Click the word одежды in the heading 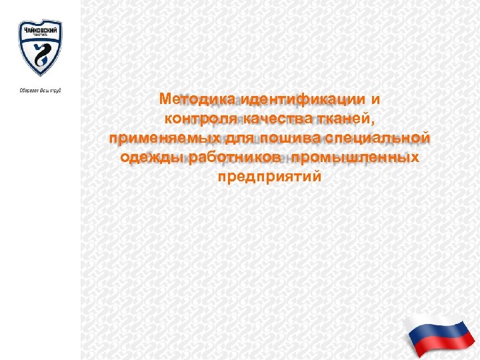point(147,158)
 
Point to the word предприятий point(269,177)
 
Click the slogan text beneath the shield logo point(39,89)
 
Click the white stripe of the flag point(433,323)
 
